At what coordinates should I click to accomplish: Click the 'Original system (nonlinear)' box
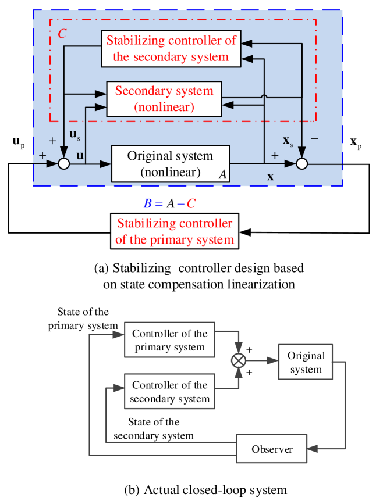[x=170, y=164]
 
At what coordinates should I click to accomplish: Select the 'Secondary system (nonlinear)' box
[x=164, y=99]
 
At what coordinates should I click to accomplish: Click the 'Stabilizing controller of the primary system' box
[x=175, y=231]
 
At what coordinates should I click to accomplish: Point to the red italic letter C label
[x=62, y=33]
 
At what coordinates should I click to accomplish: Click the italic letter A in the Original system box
[x=222, y=174]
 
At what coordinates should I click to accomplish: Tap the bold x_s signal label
[x=288, y=141]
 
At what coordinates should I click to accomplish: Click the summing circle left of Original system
[x=64, y=164]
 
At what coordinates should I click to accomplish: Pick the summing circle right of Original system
[x=301, y=164]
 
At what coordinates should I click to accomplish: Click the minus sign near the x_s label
[x=315, y=139]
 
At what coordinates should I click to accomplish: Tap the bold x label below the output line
[x=270, y=177]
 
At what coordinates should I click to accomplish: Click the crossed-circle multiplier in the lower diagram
[x=239, y=360]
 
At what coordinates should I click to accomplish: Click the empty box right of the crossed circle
[x=305, y=362]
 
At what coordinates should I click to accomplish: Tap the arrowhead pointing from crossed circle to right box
[x=273, y=360]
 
